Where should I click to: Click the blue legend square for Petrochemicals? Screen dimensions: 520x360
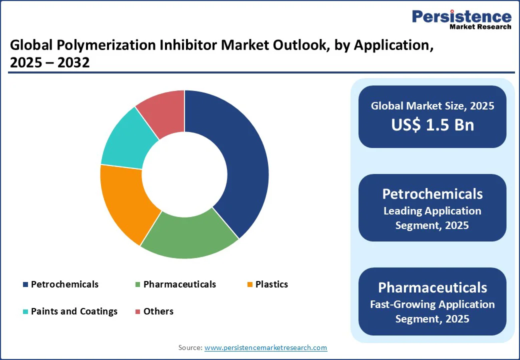25,284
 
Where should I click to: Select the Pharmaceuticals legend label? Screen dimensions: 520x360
179,284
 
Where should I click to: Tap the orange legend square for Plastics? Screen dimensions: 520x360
250,284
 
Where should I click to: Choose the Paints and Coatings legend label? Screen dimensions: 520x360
74,311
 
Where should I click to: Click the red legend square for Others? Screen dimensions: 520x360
138,311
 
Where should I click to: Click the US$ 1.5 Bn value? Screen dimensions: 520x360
432,124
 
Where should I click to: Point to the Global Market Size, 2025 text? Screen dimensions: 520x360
432,105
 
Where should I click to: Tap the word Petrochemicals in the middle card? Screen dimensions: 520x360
432,194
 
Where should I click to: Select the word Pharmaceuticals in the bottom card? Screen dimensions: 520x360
432,287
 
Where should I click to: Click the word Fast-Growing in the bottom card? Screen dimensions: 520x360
402,304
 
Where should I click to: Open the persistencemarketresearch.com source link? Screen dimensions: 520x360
265,347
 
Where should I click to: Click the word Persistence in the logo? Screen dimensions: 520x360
461,16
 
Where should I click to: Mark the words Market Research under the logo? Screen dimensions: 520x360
480,26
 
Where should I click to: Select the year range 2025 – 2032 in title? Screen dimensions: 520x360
49,62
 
